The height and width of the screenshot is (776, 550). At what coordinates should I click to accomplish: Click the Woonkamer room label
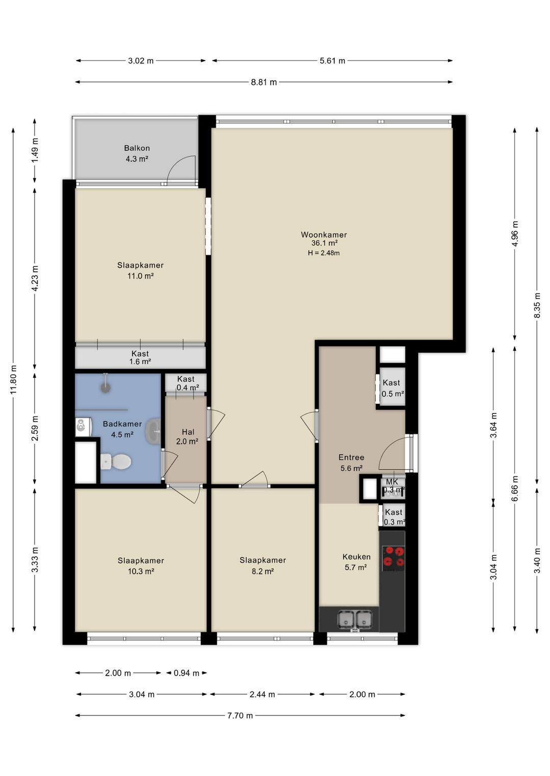323,234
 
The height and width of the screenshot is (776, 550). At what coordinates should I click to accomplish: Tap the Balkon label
137,148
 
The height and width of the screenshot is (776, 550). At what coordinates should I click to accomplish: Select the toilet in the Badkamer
116,461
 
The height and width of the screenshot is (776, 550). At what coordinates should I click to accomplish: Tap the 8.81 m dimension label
264,82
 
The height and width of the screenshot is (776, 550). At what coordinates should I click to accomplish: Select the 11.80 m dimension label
13,379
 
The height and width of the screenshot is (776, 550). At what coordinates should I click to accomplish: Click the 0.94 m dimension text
186,673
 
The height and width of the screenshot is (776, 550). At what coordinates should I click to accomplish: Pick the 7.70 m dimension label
240,715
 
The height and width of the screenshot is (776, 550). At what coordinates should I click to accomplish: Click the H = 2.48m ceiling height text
323,253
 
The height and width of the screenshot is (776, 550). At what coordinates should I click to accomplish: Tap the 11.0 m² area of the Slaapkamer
140,276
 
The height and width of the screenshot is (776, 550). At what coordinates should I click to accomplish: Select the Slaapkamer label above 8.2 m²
263,560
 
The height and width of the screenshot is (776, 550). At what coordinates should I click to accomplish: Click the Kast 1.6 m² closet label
140,357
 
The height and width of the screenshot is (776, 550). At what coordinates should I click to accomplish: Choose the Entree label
351,457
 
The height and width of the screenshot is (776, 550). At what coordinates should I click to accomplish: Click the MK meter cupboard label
392,482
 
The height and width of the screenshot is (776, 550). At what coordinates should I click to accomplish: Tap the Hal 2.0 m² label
187,436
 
